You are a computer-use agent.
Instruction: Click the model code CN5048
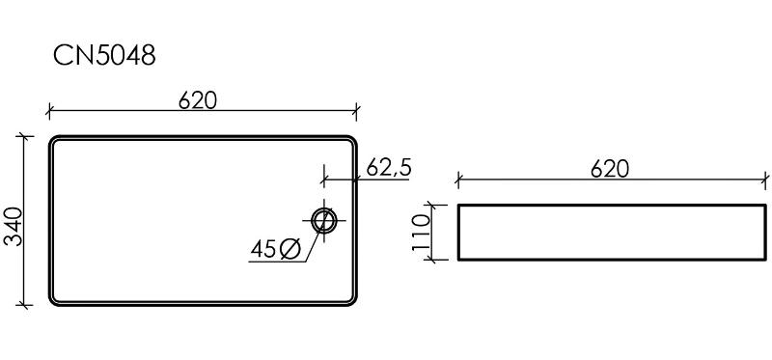(x=104, y=56)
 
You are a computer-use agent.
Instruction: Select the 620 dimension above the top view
(x=198, y=101)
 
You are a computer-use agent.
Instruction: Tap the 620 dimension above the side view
(x=610, y=170)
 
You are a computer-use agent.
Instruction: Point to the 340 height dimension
(x=14, y=227)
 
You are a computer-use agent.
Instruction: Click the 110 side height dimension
(x=421, y=233)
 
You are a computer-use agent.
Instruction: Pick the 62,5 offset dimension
(x=389, y=169)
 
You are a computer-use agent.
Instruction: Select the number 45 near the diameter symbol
(x=262, y=249)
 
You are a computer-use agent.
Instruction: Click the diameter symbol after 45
(x=290, y=249)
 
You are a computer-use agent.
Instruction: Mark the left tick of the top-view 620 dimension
(x=48, y=112)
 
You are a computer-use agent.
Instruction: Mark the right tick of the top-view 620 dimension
(x=356, y=112)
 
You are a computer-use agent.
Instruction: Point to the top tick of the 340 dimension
(x=24, y=136)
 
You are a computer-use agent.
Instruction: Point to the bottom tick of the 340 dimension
(x=24, y=305)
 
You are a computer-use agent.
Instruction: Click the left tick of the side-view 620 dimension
(x=457, y=180)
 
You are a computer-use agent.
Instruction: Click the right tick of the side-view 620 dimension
(x=766, y=180)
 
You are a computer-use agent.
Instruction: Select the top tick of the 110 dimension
(x=431, y=205)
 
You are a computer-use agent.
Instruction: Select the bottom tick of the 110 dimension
(x=431, y=260)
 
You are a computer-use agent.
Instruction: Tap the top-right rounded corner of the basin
(x=352, y=139)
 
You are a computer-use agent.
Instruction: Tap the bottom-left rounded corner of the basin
(x=53, y=302)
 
